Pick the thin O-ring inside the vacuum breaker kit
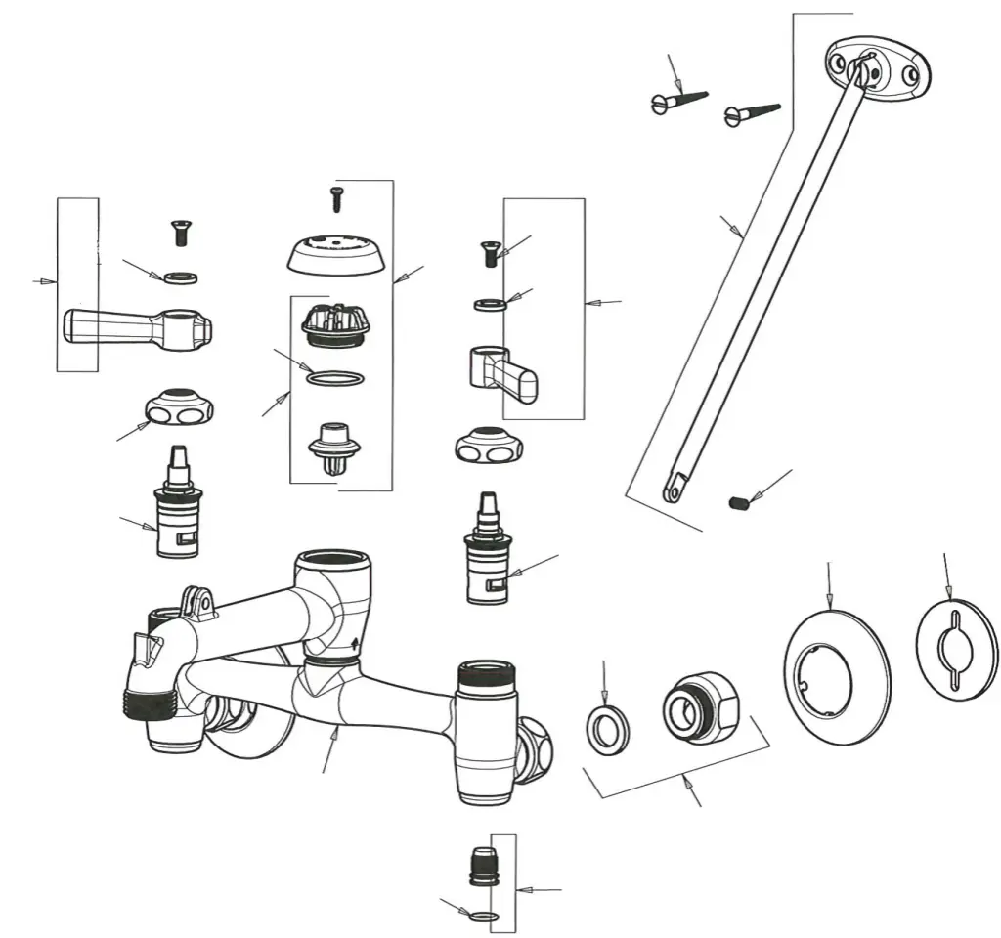pos(335,378)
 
